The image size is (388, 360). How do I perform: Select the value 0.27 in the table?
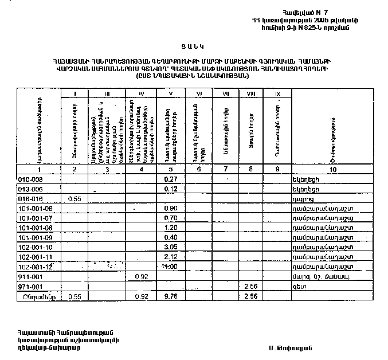pos(170,179)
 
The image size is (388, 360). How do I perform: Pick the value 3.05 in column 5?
pos(170,247)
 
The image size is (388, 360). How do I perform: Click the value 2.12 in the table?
pos(170,257)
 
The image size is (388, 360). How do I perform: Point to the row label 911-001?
pos(28,276)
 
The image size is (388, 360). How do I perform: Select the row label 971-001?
pos(28,286)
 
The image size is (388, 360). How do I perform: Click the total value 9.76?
pos(170,296)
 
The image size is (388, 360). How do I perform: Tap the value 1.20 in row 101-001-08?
pos(170,228)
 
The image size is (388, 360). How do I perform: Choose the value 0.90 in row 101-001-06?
pos(170,208)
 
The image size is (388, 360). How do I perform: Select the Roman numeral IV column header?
pos(141,93)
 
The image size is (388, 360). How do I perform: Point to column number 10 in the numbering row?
pos(332,170)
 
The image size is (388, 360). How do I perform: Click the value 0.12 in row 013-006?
pos(170,189)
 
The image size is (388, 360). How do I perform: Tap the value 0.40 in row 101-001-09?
pos(170,237)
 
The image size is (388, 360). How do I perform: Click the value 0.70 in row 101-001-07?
pos(170,218)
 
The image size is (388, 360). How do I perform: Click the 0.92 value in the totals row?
pos(141,296)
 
